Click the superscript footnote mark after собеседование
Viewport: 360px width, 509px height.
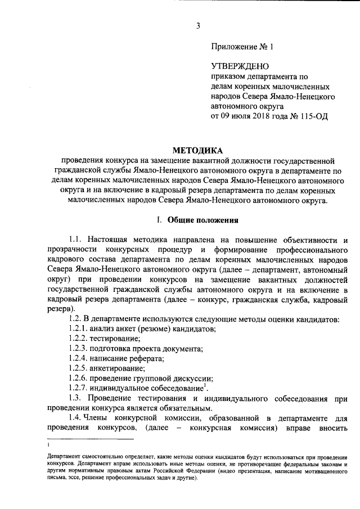[206, 386]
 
